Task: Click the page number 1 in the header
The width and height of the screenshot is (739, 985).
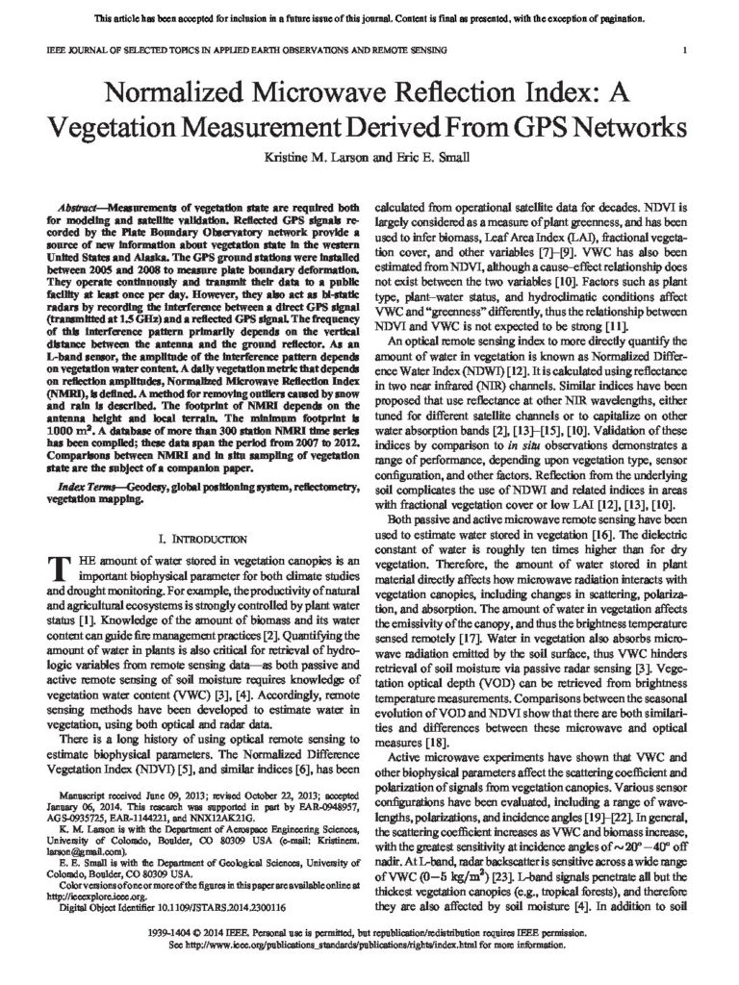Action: [x=682, y=49]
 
